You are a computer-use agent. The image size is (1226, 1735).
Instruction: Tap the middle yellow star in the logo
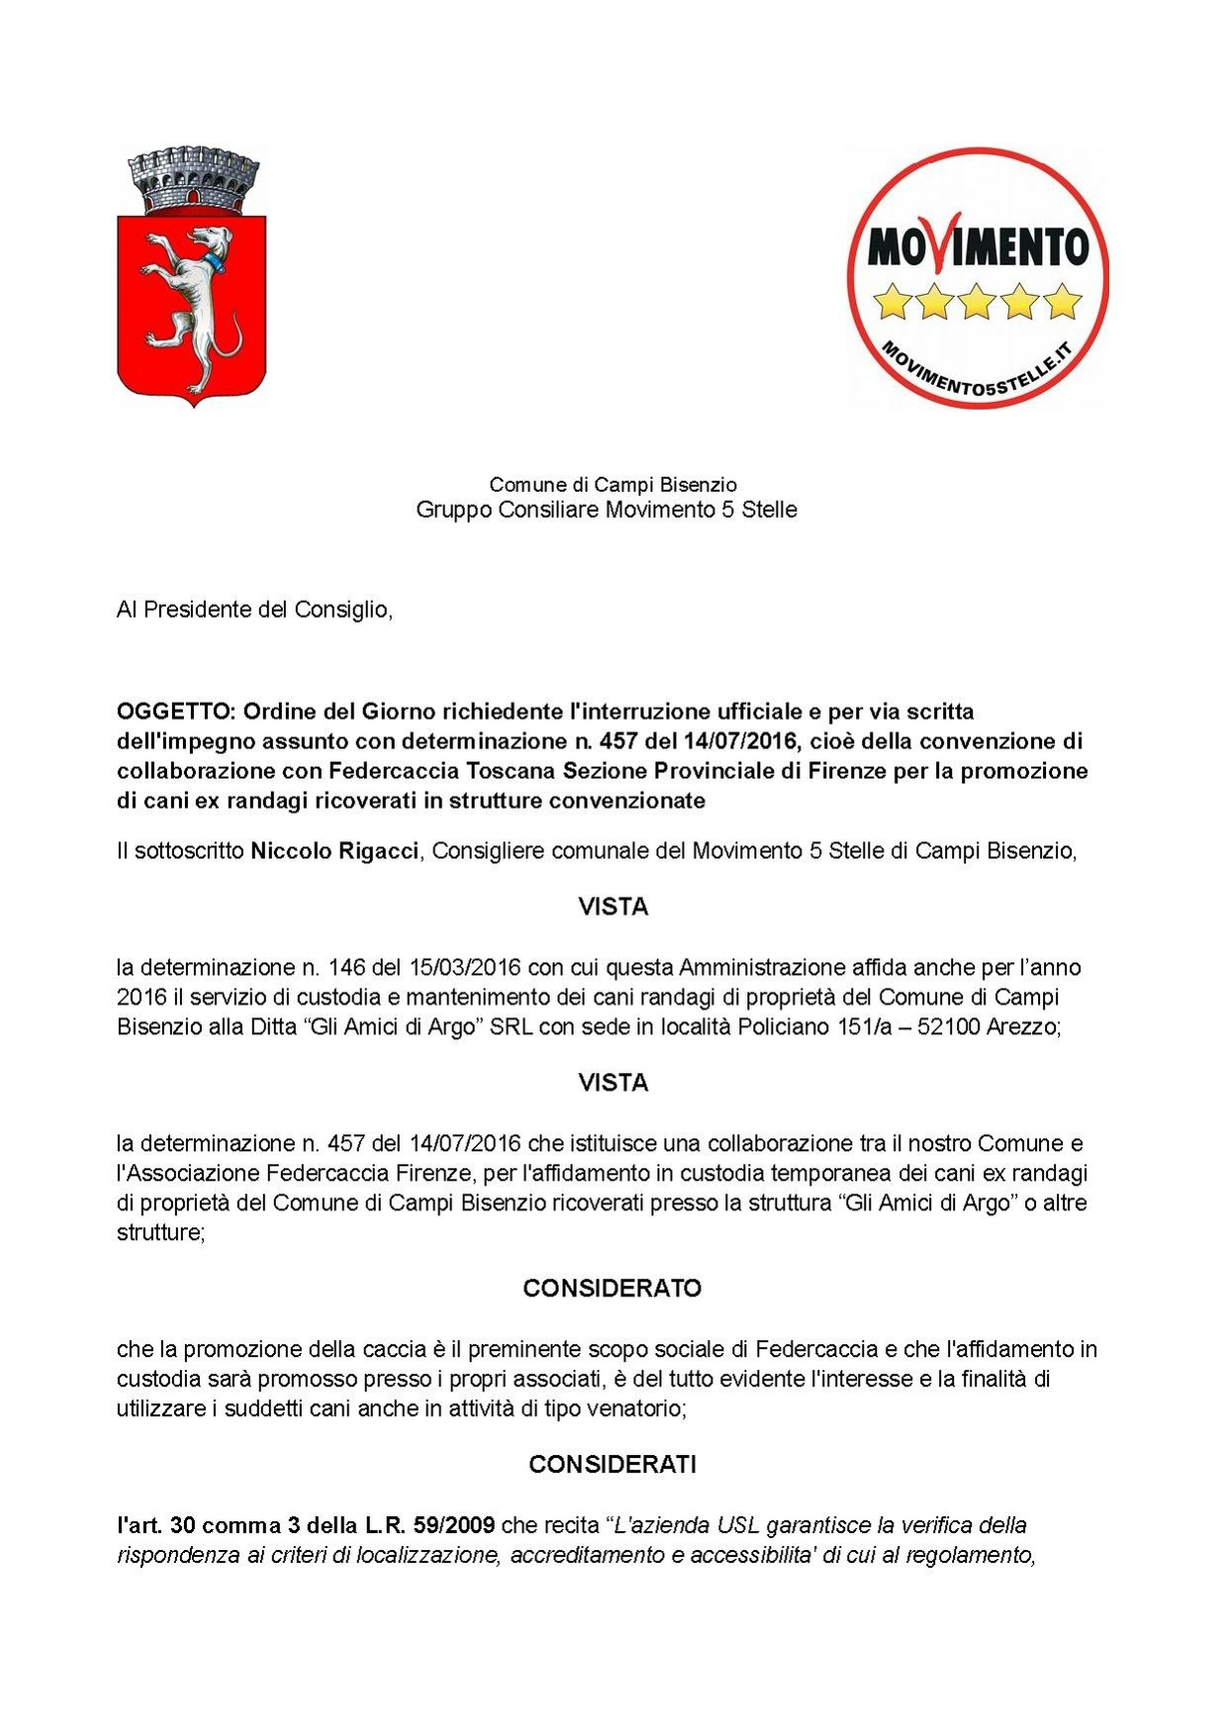(x=978, y=300)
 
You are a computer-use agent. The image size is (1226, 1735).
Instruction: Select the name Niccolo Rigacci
(x=334, y=851)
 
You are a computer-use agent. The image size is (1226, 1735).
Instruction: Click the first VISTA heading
(x=613, y=908)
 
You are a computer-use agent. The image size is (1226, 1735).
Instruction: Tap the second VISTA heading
(x=613, y=1084)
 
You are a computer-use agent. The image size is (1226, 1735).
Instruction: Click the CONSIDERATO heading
(x=613, y=1289)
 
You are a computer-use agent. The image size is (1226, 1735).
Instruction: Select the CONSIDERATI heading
(x=613, y=1465)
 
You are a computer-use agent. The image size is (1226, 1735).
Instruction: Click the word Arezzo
(x=1024, y=1026)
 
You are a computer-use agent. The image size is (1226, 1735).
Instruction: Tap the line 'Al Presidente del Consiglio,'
(x=254, y=610)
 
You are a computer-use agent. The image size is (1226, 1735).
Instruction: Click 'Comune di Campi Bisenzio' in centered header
(x=613, y=485)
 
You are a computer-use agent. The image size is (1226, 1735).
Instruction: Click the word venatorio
(x=637, y=1408)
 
